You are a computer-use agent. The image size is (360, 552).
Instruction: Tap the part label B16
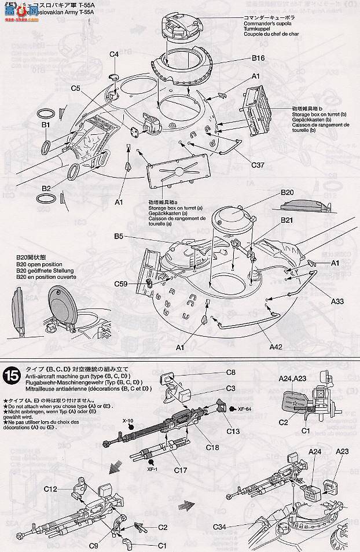(x=258, y=58)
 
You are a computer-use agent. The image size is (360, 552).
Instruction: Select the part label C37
(x=258, y=165)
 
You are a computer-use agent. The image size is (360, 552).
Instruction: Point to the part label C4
(x=114, y=54)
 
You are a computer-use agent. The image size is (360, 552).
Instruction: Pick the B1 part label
(x=46, y=124)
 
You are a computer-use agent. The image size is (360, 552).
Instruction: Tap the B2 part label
(x=46, y=188)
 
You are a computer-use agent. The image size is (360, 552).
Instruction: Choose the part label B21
(x=288, y=220)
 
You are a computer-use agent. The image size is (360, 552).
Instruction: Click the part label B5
(x=119, y=236)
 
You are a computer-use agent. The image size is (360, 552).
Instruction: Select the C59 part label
(x=121, y=284)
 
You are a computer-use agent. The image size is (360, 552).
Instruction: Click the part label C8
(x=231, y=372)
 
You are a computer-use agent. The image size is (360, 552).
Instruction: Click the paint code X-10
(x=128, y=422)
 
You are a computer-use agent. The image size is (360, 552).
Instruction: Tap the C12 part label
(x=50, y=490)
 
